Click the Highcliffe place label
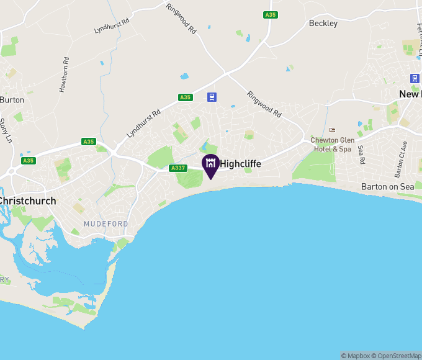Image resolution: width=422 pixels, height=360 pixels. (241, 164)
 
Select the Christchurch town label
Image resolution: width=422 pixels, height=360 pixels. (29, 201)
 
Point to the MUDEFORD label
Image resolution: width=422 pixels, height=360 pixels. (106, 223)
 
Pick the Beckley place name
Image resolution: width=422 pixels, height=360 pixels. (323, 24)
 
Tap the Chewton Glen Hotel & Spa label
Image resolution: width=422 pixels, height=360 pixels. (333, 145)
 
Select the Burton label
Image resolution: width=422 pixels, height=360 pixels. (12, 99)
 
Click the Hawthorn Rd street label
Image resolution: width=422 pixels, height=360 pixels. (63, 76)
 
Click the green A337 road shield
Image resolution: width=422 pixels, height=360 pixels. (178, 168)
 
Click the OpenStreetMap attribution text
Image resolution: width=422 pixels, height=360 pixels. (398, 356)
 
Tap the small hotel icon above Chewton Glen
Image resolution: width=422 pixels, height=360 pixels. (331, 130)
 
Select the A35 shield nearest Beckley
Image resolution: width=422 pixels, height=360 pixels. (270, 15)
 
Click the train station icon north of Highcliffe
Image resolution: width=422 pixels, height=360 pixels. (212, 97)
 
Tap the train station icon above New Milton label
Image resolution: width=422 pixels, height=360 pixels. (415, 78)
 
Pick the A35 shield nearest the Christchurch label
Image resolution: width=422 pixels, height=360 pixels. (28, 161)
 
